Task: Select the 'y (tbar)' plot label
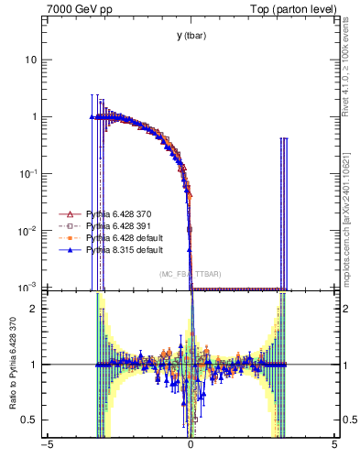point(191,36)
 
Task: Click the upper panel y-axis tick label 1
point(35,117)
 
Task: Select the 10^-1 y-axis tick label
point(29,174)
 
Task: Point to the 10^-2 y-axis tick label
point(29,231)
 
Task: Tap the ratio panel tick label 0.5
point(31,420)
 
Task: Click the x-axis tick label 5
point(333,445)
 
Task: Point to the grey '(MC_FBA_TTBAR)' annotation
point(190,274)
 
